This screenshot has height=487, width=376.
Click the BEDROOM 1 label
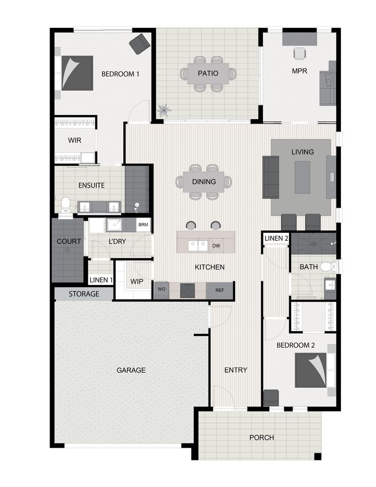pyautogui.click(x=120, y=74)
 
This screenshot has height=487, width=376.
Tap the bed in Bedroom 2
pyautogui.click(x=310, y=370)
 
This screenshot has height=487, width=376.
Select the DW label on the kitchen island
pyautogui.click(x=216, y=245)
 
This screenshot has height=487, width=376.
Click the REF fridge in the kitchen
pyautogui.click(x=220, y=290)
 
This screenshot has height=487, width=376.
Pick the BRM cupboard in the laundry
pyautogui.click(x=143, y=225)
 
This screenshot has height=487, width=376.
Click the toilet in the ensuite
pyautogui.click(x=65, y=204)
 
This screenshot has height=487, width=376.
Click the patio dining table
pyautogui.click(x=208, y=73)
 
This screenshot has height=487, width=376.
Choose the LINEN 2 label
pyautogui.click(x=276, y=238)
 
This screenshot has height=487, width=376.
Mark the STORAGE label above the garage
pyautogui.click(x=84, y=294)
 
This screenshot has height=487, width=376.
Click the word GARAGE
pyautogui.click(x=131, y=370)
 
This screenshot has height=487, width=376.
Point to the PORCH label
pyautogui.click(x=262, y=437)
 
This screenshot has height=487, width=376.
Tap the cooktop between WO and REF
pyautogui.click(x=188, y=290)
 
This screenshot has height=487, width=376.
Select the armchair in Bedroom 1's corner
pyautogui.click(x=139, y=43)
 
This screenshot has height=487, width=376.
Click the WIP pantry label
pyautogui.click(x=136, y=281)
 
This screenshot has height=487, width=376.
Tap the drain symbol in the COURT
pyautogui.click(x=67, y=250)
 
